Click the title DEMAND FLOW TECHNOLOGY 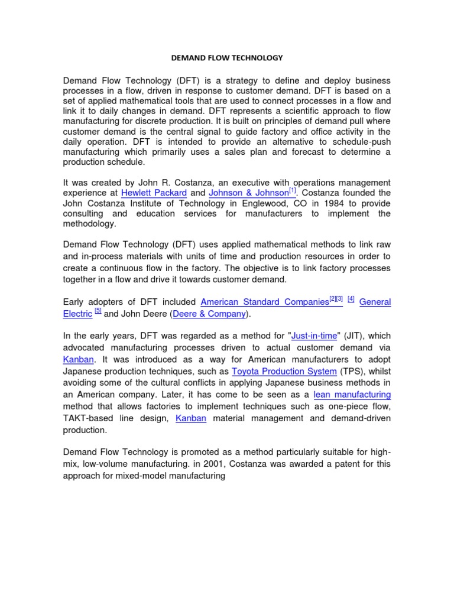[x=227, y=58]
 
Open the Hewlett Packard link [x=154, y=193]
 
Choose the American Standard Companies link [x=264, y=302]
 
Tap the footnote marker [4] [x=351, y=299]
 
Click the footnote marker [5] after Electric [x=98, y=311]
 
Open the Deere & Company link [x=209, y=314]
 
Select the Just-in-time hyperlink [x=314, y=336]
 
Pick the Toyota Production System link [x=284, y=371]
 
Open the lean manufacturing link [x=352, y=394]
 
